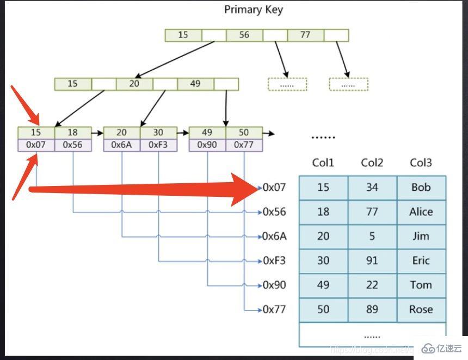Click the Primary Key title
click(x=254, y=10)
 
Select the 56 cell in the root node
click(x=244, y=35)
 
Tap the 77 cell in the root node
click(x=305, y=35)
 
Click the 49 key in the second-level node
click(x=195, y=84)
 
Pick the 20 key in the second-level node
click(x=134, y=84)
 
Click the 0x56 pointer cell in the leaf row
click(x=73, y=145)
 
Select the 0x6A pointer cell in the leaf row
click(x=122, y=145)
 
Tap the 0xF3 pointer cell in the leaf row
click(x=158, y=145)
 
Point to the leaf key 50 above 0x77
click(x=244, y=133)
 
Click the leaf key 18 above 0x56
click(x=73, y=133)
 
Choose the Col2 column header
click(x=372, y=163)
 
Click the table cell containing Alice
click(x=421, y=212)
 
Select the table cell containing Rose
click(x=421, y=309)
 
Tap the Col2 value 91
click(x=372, y=260)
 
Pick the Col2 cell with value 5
click(x=372, y=236)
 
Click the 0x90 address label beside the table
click(x=274, y=285)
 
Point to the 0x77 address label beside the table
click(x=274, y=309)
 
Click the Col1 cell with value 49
click(x=323, y=285)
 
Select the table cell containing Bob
click(x=421, y=187)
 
